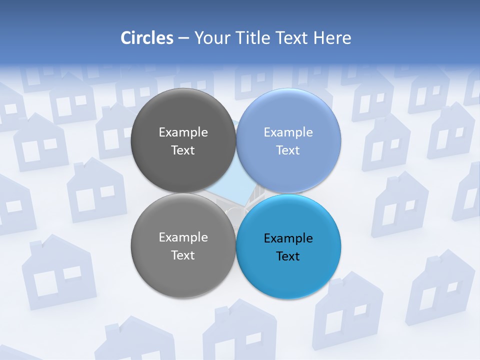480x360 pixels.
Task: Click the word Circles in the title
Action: coord(147,38)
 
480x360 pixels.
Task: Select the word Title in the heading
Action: coord(255,38)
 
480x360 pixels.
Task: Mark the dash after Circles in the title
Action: coord(183,38)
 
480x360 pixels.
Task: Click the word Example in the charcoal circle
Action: coord(183,132)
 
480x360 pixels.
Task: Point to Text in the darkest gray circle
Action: coord(183,150)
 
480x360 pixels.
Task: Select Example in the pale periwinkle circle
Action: coord(288,132)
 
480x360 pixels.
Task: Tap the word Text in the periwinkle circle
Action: coord(288,150)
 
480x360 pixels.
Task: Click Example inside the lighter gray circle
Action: coord(183,237)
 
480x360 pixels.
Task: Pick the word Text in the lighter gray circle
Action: coord(183,255)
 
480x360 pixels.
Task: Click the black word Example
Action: coord(288,238)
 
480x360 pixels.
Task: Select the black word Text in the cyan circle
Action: coord(288,256)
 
